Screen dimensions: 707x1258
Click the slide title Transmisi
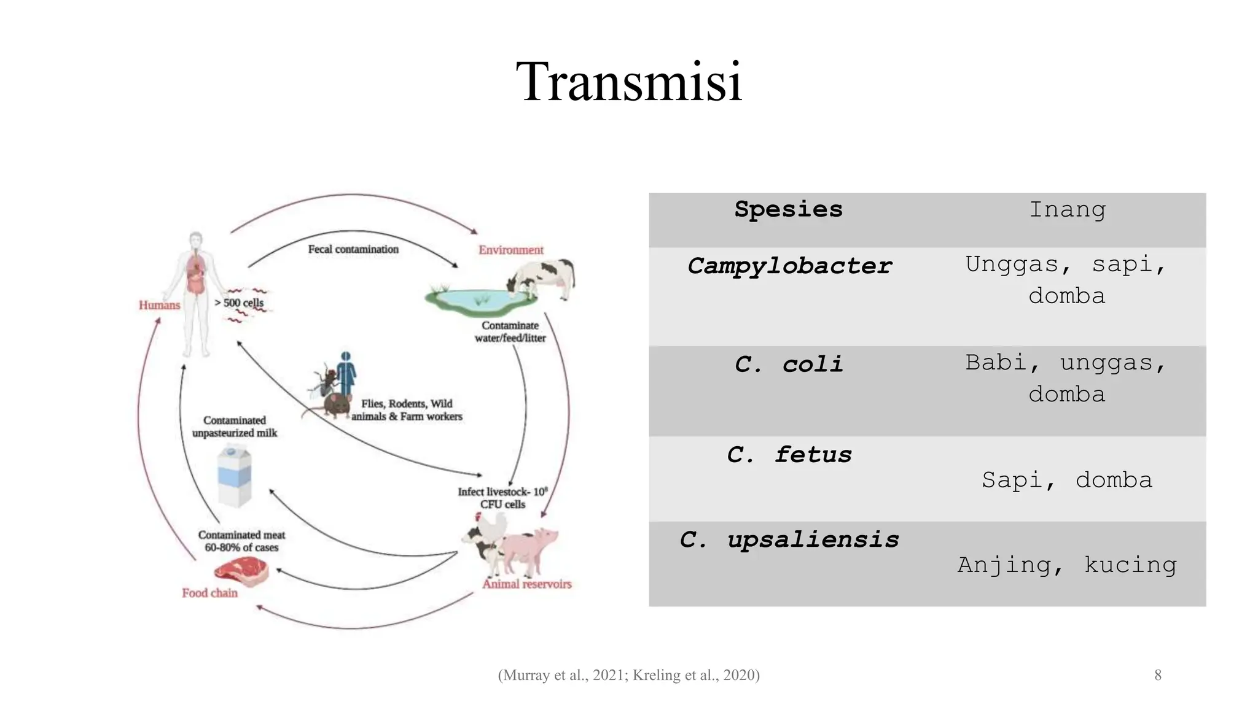[x=629, y=82]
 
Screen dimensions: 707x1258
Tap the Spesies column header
[x=788, y=210]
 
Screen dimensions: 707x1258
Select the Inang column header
[x=1067, y=210]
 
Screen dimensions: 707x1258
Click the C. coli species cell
[x=788, y=365]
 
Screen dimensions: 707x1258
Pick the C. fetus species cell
[x=788, y=455]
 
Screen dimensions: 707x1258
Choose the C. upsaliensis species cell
[x=788, y=540]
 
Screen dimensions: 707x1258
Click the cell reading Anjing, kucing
[x=1067, y=565]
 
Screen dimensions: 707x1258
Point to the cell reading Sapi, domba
[x=1067, y=480]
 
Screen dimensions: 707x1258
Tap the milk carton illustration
[x=234, y=476]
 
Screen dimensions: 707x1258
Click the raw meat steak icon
[x=241, y=572]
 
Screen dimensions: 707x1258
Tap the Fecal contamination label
[x=353, y=249]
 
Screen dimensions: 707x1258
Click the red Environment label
[x=511, y=250]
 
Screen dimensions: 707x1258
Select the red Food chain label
[x=209, y=593]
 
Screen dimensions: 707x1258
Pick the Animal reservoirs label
[x=527, y=584]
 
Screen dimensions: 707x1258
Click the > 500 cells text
[x=239, y=303]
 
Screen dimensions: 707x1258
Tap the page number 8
[x=1158, y=675]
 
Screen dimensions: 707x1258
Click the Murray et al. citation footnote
[x=628, y=675]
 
